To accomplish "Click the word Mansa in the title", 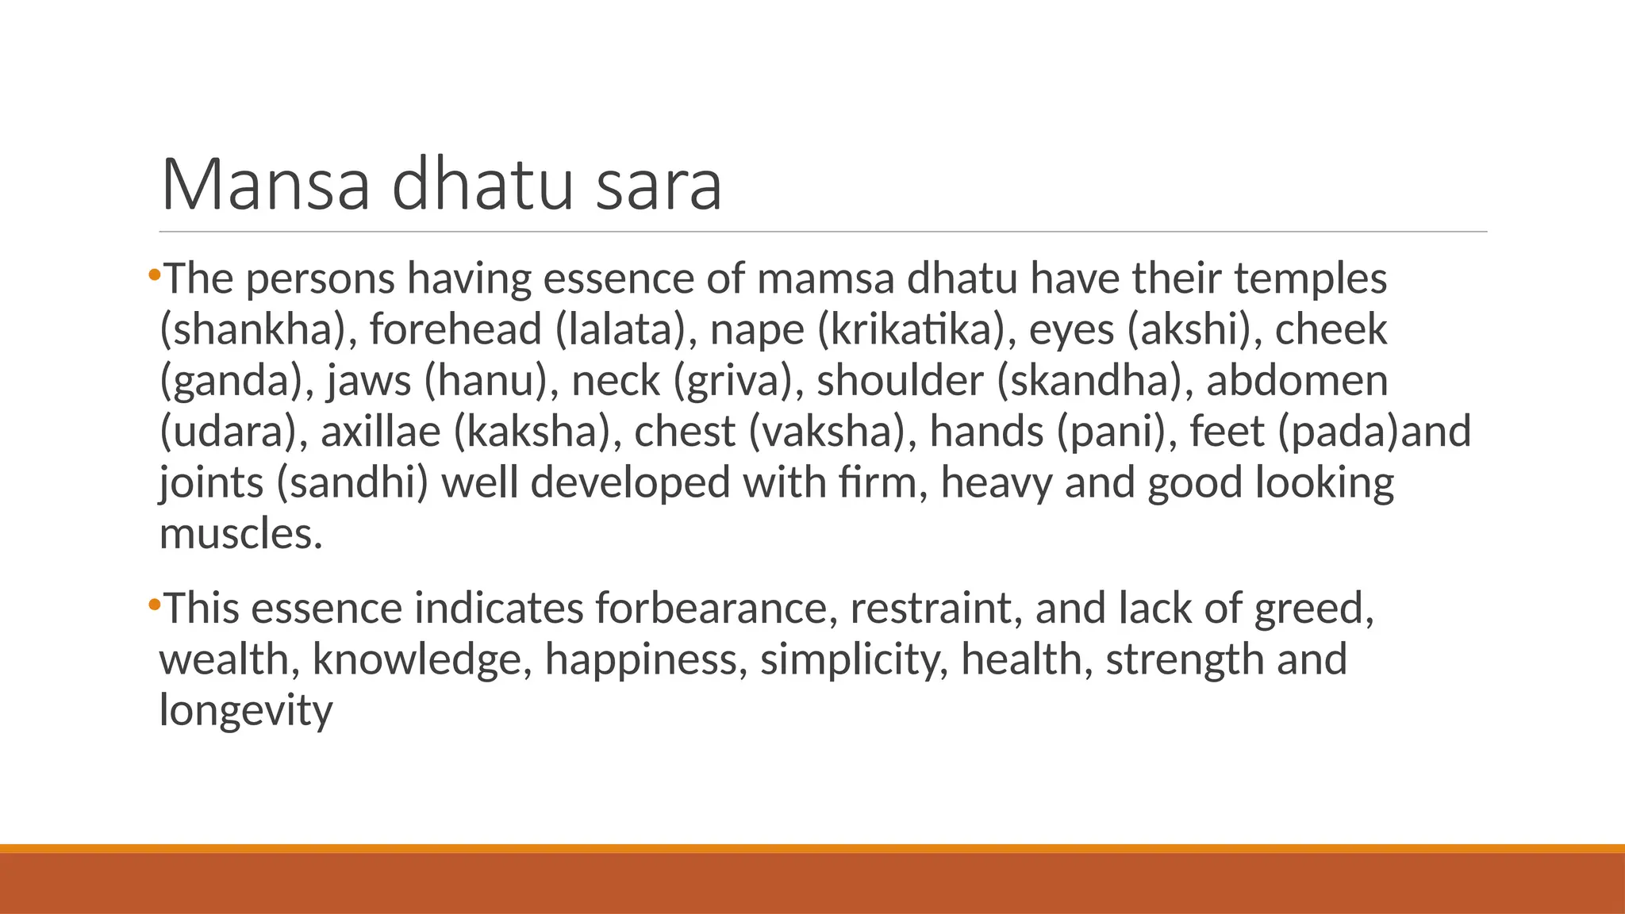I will [266, 185].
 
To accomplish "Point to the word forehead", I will [455, 329].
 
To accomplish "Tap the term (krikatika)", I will [916, 329].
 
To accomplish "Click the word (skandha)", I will [1095, 380].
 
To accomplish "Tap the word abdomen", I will [1297, 380].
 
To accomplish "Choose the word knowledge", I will [421, 659].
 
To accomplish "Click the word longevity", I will [246, 709].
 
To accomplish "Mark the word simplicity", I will [854, 659].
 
